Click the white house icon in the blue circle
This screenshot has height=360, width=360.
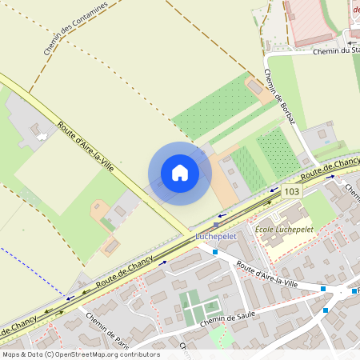[x=180, y=173]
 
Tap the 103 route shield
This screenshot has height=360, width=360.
[x=291, y=192]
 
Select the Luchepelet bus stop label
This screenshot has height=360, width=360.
[x=215, y=237]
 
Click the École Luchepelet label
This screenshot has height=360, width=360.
[x=283, y=230]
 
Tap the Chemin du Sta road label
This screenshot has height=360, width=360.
[x=335, y=51]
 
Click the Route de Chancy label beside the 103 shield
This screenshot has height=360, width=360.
[x=330, y=168]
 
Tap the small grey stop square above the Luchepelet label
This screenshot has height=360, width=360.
[x=216, y=225]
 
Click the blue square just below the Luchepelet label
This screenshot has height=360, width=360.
[x=215, y=252]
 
